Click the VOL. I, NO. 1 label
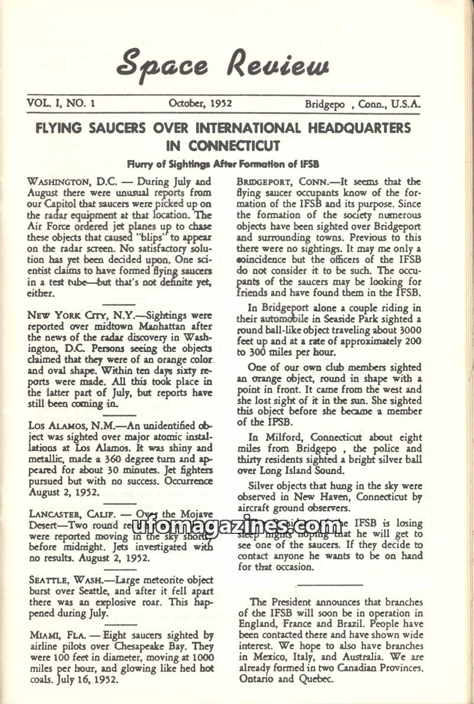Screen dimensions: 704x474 point(62,103)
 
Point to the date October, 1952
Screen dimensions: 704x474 point(200,103)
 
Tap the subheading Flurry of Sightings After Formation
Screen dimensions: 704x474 point(224,163)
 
